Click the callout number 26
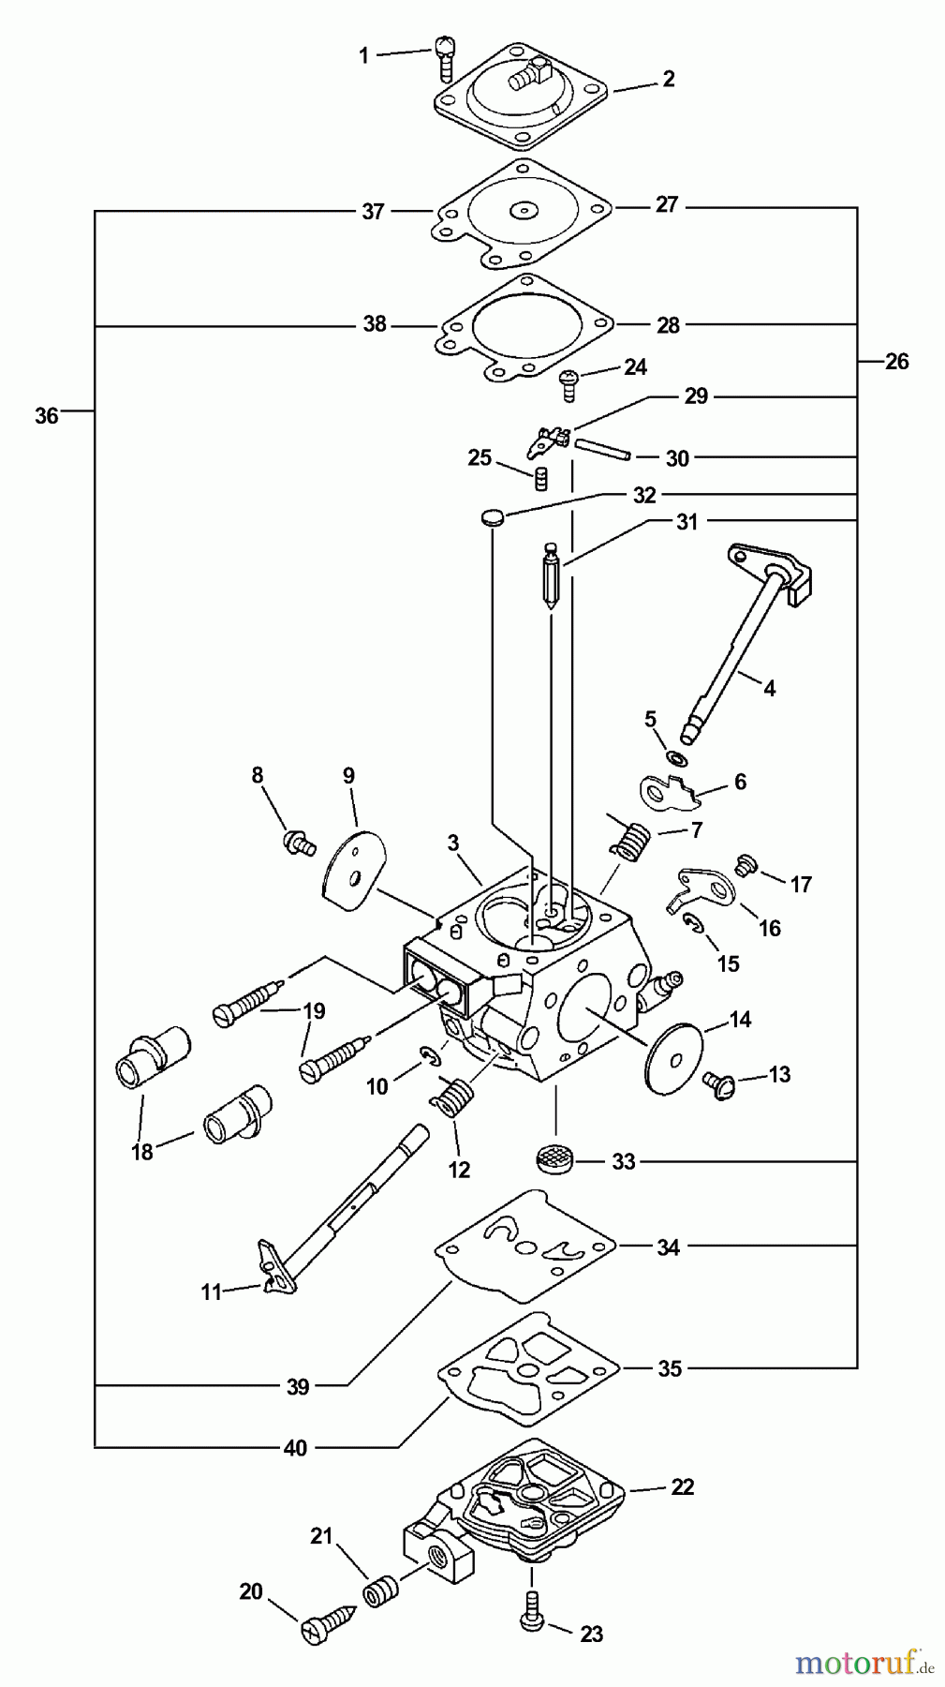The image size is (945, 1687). pos(896,362)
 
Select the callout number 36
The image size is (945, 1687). pos(47,415)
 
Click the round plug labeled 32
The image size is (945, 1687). pos(492,516)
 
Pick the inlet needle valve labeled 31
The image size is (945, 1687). pos(551,575)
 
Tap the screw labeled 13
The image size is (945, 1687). pos(721,1084)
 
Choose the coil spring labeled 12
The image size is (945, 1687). pos(457,1097)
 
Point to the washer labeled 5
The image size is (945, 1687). pos(673,755)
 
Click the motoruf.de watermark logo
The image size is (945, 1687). pos(864,1663)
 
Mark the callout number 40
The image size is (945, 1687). pos(295,1448)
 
